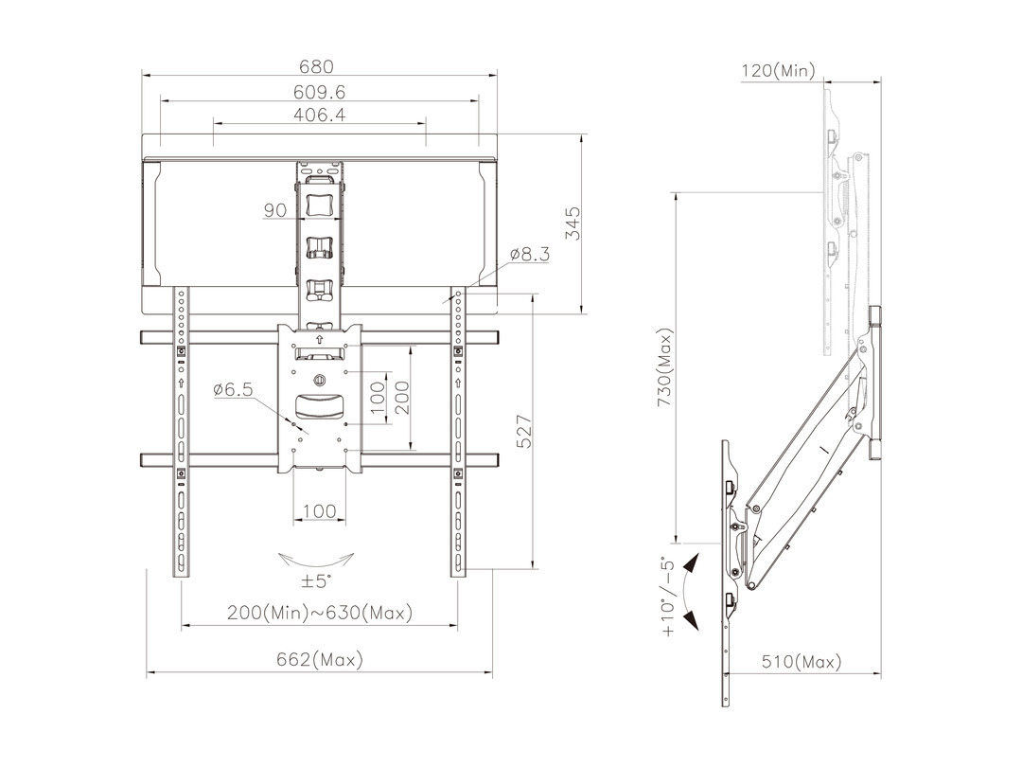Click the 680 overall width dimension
(x=316, y=66)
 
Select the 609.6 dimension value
(x=319, y=92)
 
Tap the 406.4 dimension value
(x=319, y=115)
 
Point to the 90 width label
(x=275, y=210)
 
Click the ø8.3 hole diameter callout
(x=530, y=254)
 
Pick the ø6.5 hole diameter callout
(x=233, y=390)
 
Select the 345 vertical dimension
(x=573, y=223)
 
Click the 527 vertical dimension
(x=524, y=432)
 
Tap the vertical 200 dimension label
(x=402, y=398)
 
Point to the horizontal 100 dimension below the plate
(x=320, y=510)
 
